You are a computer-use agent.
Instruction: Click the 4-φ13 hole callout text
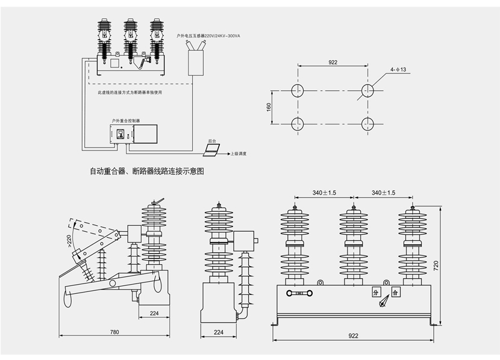pyautogui.click(x=399, y=70)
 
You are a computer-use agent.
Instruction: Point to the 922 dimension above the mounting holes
pyautogui.click(x=333, y=63)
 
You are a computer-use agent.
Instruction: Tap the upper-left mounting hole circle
pyautogui.click(x=298, y=91)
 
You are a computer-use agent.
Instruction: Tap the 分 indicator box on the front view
pyautogui.click(x=375, y=293)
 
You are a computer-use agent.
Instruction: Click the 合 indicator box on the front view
pyautogui.click(x=395, y=293)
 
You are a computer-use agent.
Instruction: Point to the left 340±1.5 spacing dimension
pyautogui.click(x=324, y=193)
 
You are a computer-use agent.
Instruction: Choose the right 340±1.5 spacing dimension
pyautogui.click(x=384, y=193)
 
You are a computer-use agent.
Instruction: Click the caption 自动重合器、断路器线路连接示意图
pyautogui.click(x=147, y=171)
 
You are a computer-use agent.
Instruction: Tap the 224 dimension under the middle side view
pyautogui.click(x=218, y=332)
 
